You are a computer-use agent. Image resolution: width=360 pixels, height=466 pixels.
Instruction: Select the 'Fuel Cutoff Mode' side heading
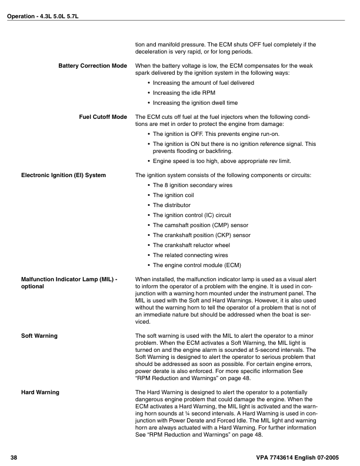(x=103, y=116)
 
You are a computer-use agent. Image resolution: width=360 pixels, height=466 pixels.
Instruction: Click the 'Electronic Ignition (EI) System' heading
(x=64, y=175)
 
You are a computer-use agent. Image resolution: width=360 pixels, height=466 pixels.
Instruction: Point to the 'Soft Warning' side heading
(x=39, y=335)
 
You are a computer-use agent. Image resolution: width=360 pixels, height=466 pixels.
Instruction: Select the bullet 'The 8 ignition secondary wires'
(x=192, y=185)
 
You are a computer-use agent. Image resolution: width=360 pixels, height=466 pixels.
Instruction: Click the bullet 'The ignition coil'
(x=175, y=195)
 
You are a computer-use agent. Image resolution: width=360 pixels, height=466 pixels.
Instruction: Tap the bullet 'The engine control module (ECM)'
(x=197, y=265)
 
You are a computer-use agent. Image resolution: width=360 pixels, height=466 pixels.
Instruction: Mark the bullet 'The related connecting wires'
(x=190, y=255)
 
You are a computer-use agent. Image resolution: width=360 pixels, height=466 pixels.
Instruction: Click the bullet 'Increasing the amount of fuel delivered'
(x=204, y=83)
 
